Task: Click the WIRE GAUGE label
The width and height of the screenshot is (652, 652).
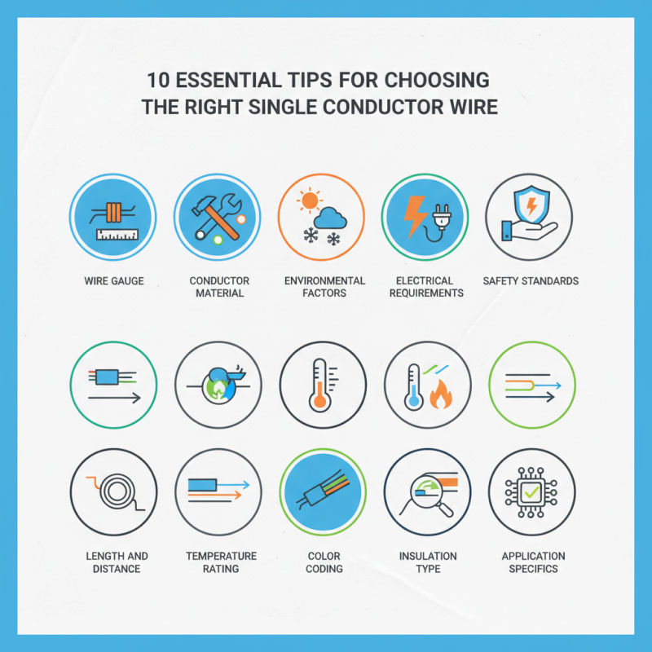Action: [x=113, y=281]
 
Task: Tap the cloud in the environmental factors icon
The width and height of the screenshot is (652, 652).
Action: [x=329, y=217]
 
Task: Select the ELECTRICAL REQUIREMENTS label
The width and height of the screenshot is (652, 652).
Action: [x=426, y=287]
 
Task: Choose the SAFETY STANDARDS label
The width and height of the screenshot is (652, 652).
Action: [x=531, y=281]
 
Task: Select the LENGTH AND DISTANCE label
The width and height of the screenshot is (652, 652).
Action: [x=117, y=562]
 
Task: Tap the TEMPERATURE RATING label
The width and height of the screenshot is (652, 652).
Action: [x=221, y=562]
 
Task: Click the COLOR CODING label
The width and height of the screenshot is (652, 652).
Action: [x=324, y=562]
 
